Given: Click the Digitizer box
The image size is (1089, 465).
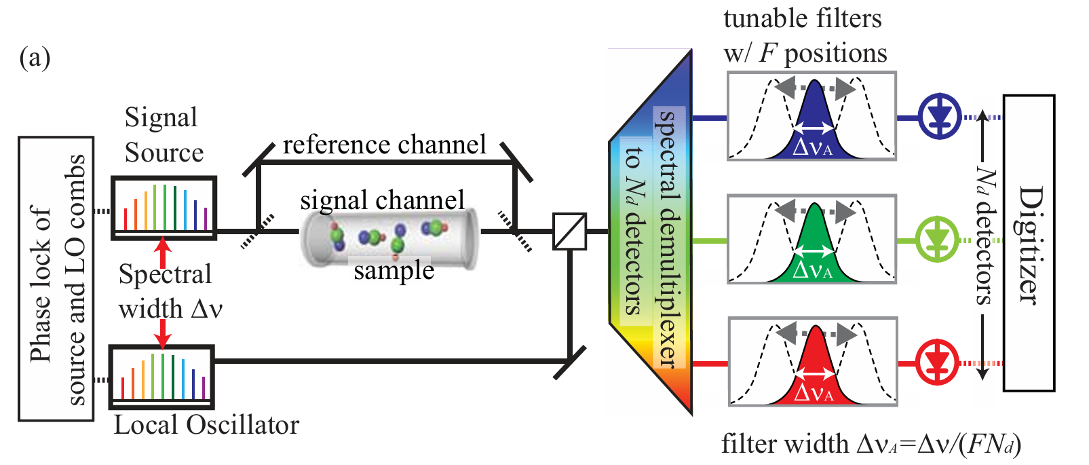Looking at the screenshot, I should click(1029, 243).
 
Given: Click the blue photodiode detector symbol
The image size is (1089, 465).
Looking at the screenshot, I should click(940, 117).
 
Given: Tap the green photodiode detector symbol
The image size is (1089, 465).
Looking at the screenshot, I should click(938, 240).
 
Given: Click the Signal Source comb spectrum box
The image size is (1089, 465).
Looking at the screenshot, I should click(164, 208).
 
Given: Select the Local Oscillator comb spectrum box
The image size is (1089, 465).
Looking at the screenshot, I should click(162, 376).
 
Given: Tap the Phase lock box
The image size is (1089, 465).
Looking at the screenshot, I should click(56, 279).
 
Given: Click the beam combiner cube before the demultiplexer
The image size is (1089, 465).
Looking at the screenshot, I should click(569, 231).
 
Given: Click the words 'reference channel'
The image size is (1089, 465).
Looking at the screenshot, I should click(384, 145).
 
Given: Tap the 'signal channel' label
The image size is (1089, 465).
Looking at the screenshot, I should click(382, 200).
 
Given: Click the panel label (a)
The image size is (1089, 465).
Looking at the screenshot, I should click(35, 58).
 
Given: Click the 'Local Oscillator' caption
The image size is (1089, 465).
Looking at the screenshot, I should click(206, 425).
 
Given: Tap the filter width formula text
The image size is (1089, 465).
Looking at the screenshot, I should click(871, 444).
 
